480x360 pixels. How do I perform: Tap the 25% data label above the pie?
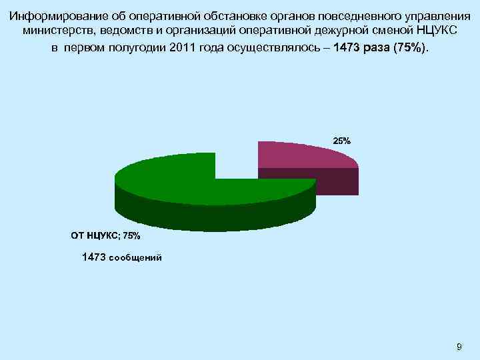[x=341, y=141]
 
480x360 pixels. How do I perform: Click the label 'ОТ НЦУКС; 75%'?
[x=105, y=235]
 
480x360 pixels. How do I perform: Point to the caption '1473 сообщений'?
[x=121, y=257]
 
